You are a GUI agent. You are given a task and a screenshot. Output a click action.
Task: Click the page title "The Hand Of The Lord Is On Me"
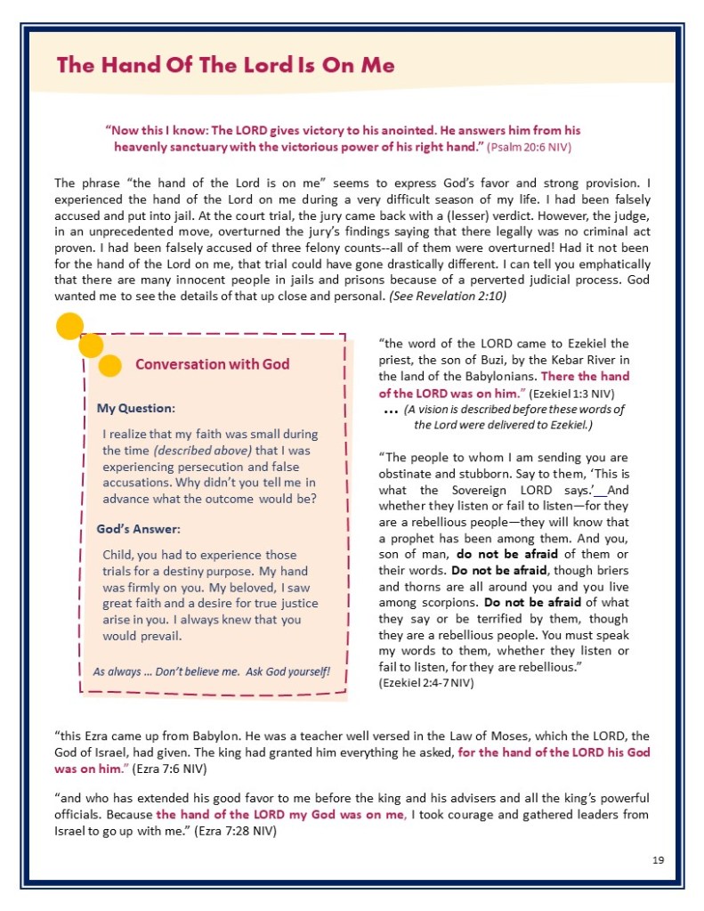[225, 65]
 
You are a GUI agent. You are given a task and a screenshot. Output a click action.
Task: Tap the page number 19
[658, 859]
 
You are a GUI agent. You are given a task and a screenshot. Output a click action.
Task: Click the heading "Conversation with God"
[212, 363]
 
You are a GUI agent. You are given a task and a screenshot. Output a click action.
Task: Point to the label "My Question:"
[135, 408]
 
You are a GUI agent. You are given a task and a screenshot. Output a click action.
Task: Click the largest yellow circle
[69, 327]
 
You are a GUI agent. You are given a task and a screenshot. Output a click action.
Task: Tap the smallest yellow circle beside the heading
[110, 365]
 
